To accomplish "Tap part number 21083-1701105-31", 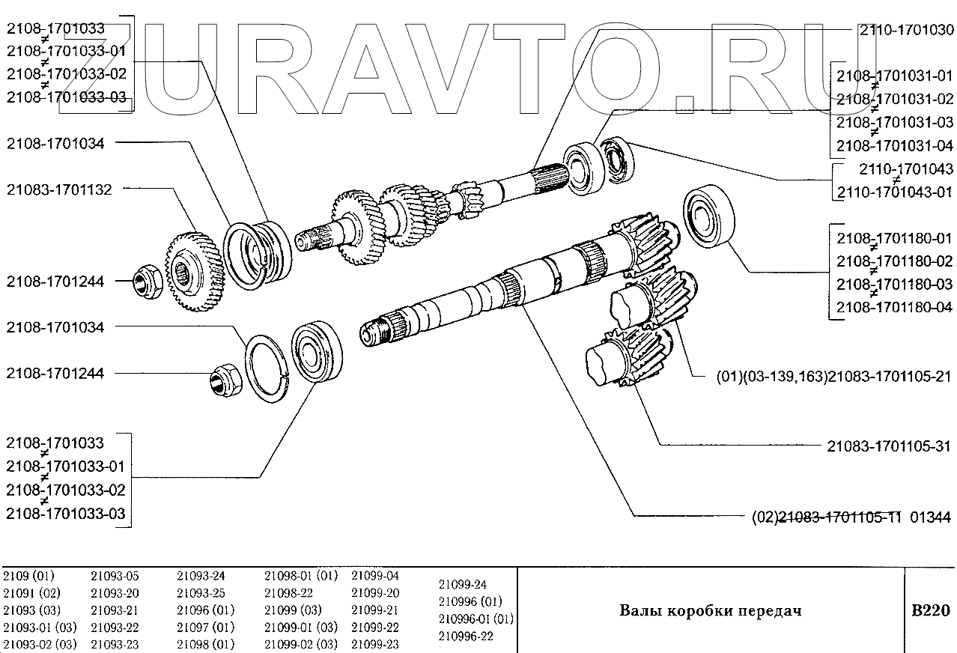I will [890, 447].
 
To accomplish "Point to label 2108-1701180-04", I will [894, 307].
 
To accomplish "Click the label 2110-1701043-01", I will [894, 192].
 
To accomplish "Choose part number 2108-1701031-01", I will [894, 75].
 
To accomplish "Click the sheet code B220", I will [929, 610].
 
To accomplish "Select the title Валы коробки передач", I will [710, 610].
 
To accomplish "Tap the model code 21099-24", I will [462, 584].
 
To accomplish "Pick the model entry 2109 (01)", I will [28, 576].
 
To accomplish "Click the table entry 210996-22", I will [466, 636].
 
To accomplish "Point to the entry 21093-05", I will [115, 576].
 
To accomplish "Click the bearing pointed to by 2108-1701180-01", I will [707, 217].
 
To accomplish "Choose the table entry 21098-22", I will [288, 593].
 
